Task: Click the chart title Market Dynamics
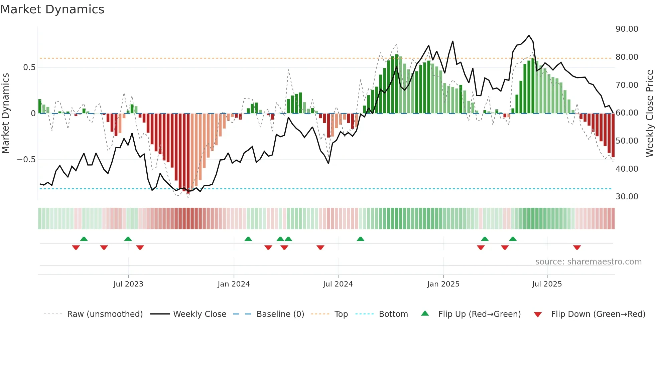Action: pyautogui.click(x=52, y=9)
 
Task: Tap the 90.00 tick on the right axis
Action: pyautogui.click(x=627, y=29)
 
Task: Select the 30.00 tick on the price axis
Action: pyautogui.click(x=627, y=197)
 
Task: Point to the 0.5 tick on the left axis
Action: pyautogui.click(x=29, y=67)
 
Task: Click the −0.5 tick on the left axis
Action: pyautogui.click(x=26, y=160)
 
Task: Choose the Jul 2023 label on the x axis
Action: pyautogui.click(x=128, y=284)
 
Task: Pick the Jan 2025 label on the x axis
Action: pyautogui.click(x=443, y=284)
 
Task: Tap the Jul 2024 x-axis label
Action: pyautogui.click(x=338, y=284)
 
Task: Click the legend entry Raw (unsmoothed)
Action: pyautogui.click(x=105, y=314)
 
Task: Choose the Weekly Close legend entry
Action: pyautogui.click(x=200, y=314)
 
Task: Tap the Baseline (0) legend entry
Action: pyautogui.click(x=280, y=314)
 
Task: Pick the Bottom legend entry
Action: pyautogui.click(x=393, y=314)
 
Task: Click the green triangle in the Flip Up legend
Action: pyautogui.click(x=425, y=313)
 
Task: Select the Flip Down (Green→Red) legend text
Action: pyautogui.click(x=598, y=314)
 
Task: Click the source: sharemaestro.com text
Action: pyautogui.click(x=588, y=262)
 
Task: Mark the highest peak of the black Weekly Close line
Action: pyautogui.click(x=529, y=35)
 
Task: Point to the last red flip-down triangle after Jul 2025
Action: pyautogui.click(x=577, y=247)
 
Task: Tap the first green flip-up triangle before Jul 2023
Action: pyautogui.click(x=84, y=239)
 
